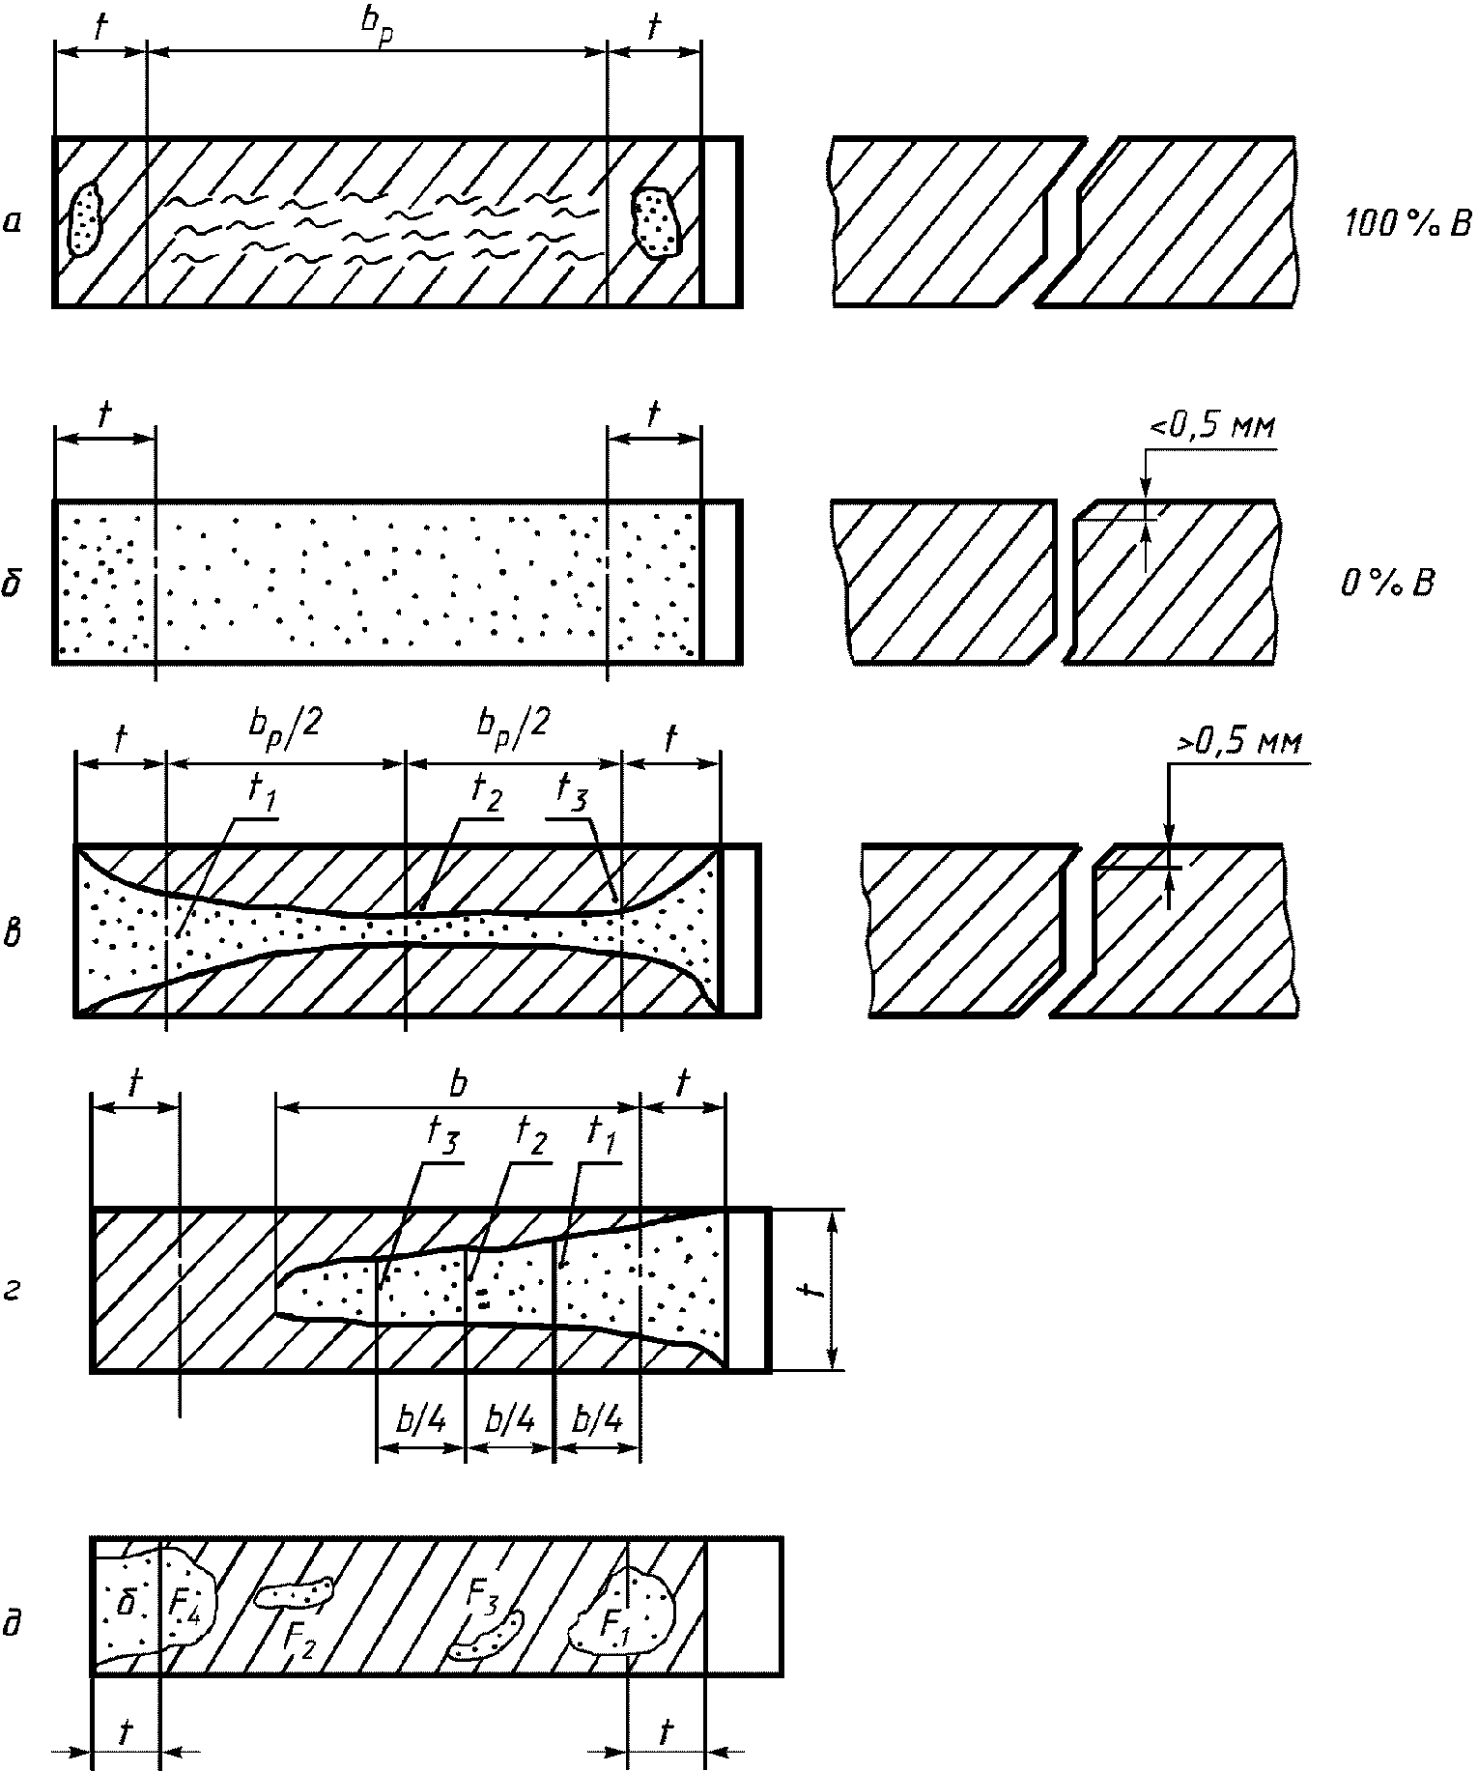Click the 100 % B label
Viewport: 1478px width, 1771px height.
pos(1407,224)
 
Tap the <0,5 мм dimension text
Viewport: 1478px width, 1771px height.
pos(1211,427)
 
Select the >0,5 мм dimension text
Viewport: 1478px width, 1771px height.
pos(1238,742)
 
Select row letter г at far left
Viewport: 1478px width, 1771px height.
pos(13,1291)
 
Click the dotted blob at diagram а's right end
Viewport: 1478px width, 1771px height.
pos(658,222)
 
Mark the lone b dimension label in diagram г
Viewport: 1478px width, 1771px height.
pos(458,1083)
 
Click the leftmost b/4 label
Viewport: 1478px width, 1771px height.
pos(420,1421)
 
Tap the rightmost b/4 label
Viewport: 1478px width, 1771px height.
pos(597,1421)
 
